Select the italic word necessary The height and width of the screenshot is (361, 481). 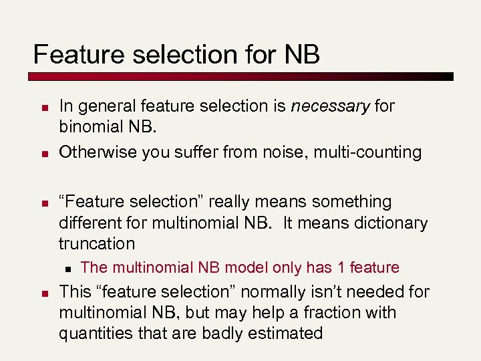click(x=330, y=106)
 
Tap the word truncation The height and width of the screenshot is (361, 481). click(x=97, y=243)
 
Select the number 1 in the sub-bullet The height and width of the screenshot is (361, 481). click(x=341, y=268)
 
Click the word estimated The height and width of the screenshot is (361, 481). click(x=285, y=334)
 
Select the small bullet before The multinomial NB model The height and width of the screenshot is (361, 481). click(x=67, y=269)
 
